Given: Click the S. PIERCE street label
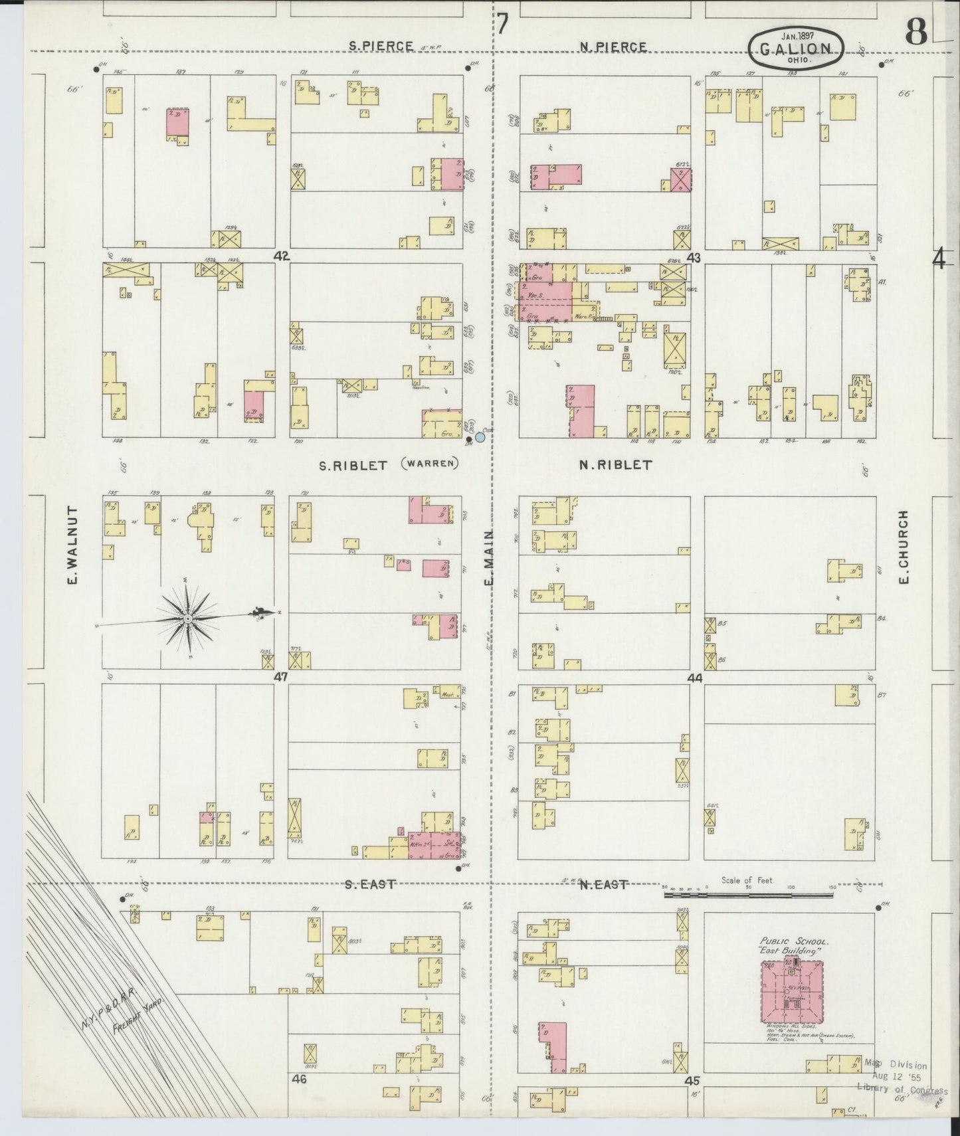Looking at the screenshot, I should (381, 47).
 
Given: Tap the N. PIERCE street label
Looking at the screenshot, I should (613, 47).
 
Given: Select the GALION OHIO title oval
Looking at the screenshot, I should (796, 48).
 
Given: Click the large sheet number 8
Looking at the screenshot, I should (916, 32).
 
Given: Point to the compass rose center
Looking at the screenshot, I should (188, 618).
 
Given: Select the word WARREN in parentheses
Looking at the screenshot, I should (430, 463).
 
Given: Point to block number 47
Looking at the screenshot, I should (281, 677).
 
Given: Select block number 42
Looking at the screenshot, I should (282, 255).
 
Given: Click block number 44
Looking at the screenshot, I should (695, 678).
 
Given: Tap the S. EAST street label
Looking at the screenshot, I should (371, 884).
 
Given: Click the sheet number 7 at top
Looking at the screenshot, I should (503, 25).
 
